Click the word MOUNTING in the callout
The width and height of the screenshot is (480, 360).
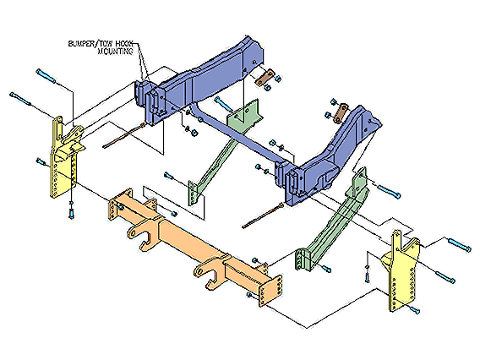tap(116, 51)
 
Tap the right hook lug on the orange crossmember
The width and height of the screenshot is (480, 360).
tap(208, 272)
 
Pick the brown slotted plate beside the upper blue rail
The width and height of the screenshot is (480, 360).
tap(265, 78)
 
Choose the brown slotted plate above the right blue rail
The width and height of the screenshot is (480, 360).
tap(341, 113)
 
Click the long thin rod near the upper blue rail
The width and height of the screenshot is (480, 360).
tap(124, 135)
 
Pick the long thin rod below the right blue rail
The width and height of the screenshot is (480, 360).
tap(263, 215)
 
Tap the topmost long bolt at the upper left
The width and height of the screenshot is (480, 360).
tap(46, 76)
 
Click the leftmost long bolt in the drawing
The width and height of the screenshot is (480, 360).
tap(21, 99)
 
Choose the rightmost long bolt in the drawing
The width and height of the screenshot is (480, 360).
tap(460, 245)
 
